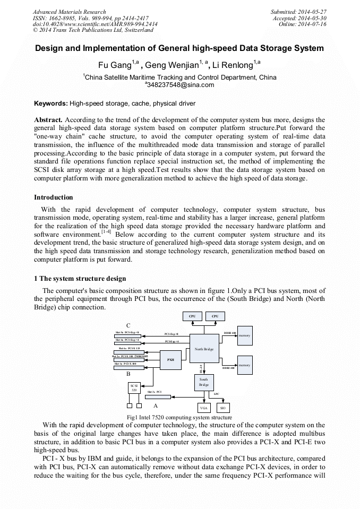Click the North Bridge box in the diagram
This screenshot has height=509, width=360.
tap(204, 349)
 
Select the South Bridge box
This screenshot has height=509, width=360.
tap(204, 382)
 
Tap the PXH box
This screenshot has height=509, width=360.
tap(170, 359)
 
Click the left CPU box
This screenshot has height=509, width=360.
tap(192, 316)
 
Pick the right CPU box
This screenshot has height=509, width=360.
tap(215, 316)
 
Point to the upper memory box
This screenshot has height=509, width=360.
tap(244, 335)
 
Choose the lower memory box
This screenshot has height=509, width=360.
tap(244, 365)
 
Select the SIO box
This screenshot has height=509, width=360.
tap(223, 408)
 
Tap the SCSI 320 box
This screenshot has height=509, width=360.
tap(134, 387)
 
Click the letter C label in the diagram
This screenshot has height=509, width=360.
tap(128, 325)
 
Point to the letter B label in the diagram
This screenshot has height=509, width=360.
tap(128, 374)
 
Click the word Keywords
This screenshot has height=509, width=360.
tap(50, 103)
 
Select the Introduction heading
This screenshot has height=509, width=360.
tap(54, 197)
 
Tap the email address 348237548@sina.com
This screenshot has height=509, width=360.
tap(179, 85)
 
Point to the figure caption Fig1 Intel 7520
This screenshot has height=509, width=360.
tap(179, 418)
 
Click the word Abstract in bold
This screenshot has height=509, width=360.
tap(48, 120)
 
